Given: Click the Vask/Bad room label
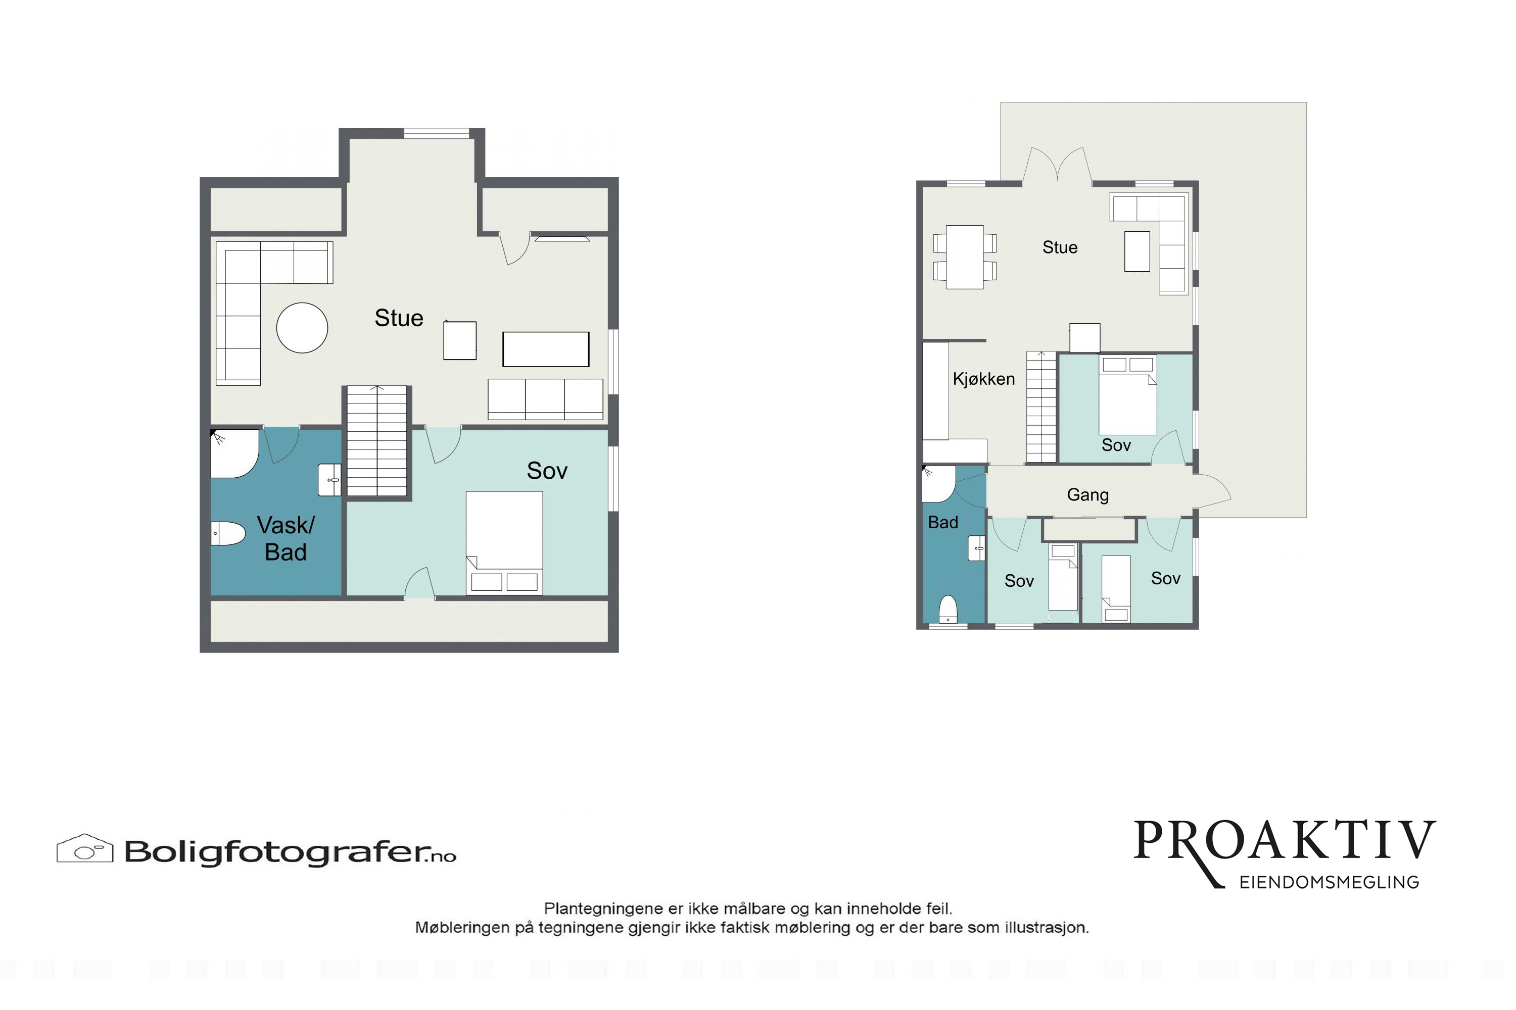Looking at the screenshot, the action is [286, 538].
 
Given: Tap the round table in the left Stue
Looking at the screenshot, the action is [302, 328].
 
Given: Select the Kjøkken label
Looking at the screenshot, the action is [983, 379].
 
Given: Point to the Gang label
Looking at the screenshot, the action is [1088, 495].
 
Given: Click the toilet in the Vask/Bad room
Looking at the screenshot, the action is [228, 533].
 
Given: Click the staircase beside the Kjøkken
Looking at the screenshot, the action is [1041, 407].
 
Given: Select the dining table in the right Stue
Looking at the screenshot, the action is [965, 257].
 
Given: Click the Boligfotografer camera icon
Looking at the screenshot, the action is [85, 848].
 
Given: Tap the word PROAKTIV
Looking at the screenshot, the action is [1285, 841].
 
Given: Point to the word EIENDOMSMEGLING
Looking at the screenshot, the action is [1329, 882].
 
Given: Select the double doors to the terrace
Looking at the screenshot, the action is [1057, 166].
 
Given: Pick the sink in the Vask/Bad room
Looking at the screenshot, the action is [330, 480].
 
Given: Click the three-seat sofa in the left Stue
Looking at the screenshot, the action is [545, 399].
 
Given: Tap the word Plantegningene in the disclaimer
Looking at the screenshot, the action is [604, 909].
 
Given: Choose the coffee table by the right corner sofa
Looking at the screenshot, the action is [1137, 251].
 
